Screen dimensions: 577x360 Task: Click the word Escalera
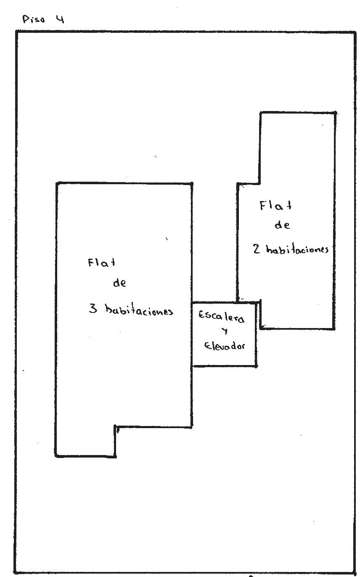(x=221, y=316)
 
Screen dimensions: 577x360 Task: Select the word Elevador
(x=224, y=346)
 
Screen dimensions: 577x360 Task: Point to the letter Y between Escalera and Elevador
(x=225, y=331)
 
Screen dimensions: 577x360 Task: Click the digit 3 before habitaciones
(x=93, y=309)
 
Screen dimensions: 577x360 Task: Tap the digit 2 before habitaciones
(x=257, y=249)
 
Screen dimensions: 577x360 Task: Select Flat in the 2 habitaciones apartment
(x=275, y=206)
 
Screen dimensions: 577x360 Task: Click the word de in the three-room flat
(x=119, y=283)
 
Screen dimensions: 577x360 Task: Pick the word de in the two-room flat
(x=282, y=225)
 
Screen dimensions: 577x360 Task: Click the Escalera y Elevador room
(x=224, y=334)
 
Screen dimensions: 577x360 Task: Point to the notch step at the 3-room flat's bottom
(x=116, y=428)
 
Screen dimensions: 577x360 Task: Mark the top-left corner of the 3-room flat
(x=57, y=183)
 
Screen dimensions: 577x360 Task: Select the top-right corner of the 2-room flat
(x=335, y=113)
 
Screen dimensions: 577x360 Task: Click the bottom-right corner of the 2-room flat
(x=335, y=328)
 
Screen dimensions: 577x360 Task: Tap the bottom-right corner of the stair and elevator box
(x=256, y=366)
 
